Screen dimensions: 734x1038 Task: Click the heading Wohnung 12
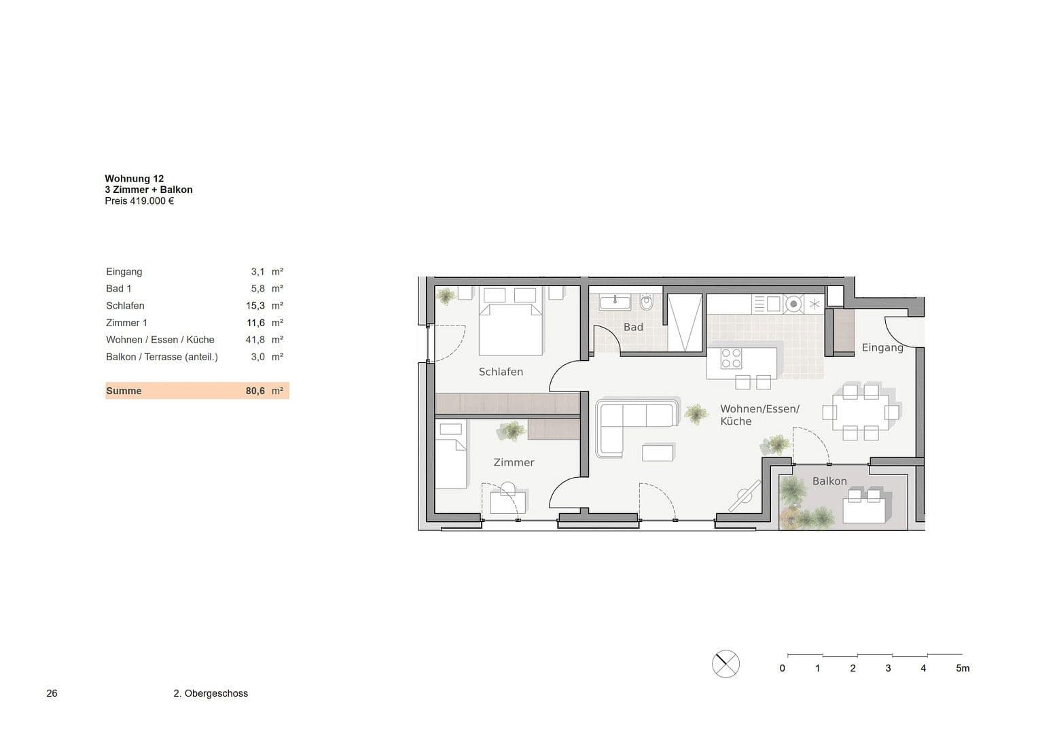point(134,179)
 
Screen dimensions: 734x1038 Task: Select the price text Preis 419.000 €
point(139,200)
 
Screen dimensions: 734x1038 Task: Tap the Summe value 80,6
point(255,391)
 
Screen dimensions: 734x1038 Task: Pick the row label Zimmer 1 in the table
point(126,323)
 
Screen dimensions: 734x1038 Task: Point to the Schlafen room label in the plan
point(501,372)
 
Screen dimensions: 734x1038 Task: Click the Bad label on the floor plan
point(633,327)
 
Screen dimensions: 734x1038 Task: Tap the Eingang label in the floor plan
point(882,347)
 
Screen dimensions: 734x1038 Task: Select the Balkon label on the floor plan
point(829,481)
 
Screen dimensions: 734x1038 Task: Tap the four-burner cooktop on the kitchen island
point(731,358)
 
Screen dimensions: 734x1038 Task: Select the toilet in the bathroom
point(646,302)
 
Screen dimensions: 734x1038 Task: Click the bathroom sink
point(615,301)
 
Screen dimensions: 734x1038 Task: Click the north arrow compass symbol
point(726,663)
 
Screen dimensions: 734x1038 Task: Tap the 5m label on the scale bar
point(962,668)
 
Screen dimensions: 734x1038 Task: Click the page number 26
point(52,693)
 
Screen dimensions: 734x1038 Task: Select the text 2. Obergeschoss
point(211,693)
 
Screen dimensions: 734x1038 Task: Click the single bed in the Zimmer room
point(450,455)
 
